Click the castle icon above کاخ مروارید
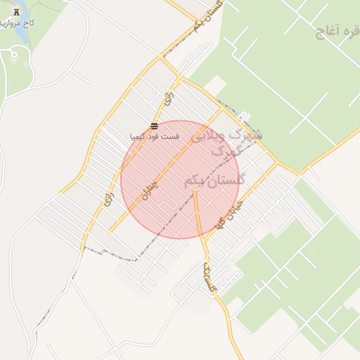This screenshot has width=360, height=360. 16,11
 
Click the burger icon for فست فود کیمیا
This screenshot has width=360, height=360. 154,127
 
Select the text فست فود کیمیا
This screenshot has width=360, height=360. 155,135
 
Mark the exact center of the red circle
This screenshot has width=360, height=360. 180,179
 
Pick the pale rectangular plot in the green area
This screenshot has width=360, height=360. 215,84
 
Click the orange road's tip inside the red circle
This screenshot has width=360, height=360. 194,191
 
